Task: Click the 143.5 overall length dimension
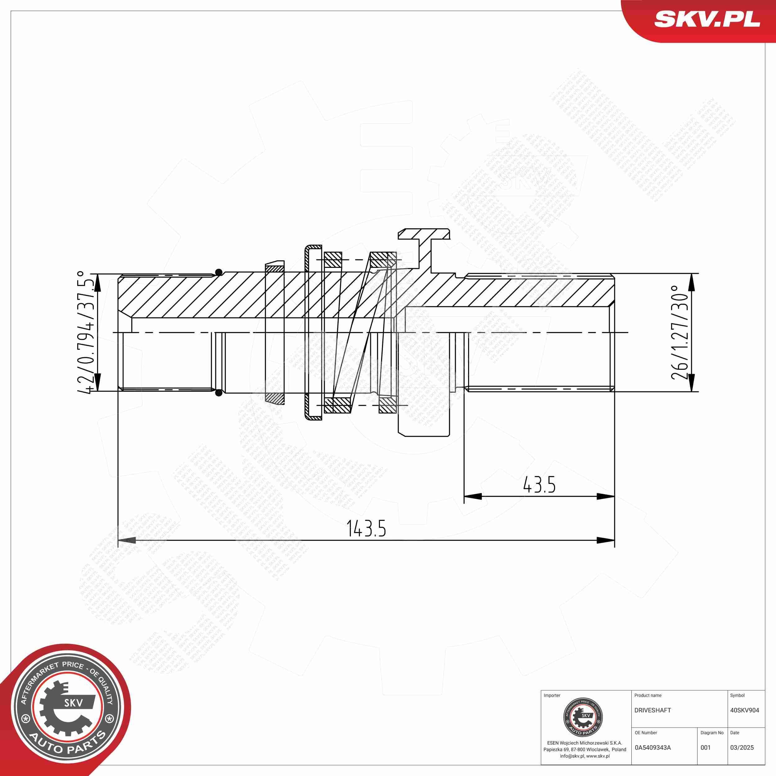pos(366,529)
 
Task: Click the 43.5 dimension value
pos(539,485)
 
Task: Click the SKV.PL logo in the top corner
pos(706,19)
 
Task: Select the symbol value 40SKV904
pos(744,710)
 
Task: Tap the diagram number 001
pos(705,747)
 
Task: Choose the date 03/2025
pos(742,747)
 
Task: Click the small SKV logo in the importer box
pos(583,717)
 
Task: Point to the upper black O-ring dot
pos(219,272)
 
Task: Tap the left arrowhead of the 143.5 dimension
pos(127,540)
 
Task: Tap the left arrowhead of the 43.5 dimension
pos(473,496)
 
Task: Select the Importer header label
pos(552,695)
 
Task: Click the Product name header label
pos(647,695)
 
